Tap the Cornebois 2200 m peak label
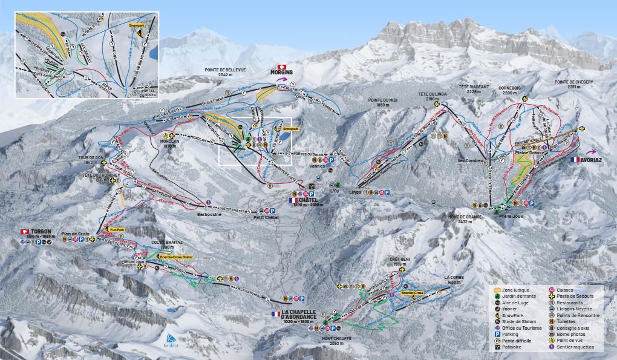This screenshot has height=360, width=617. [x=509, y=91]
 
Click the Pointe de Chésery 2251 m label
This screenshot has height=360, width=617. [x=574, y=84]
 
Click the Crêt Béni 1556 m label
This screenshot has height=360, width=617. [x=400, y=262]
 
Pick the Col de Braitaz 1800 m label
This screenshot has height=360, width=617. [x=163, y=244]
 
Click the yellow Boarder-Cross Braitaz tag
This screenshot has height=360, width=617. [x=175, y=257]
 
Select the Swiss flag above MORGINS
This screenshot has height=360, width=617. [x=281, y=66]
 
